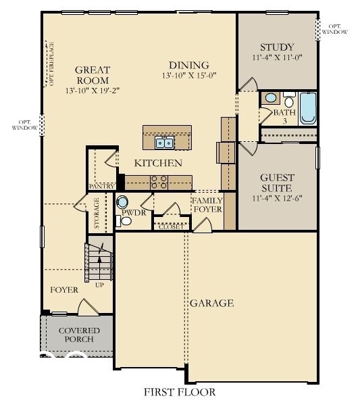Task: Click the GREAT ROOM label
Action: (93, 74)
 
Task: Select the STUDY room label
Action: (277, 47)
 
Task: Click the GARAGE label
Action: (211, 304)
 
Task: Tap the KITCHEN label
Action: (158, 163)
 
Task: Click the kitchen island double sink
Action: (163, 143)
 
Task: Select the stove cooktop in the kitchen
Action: (159, 181)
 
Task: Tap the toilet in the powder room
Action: (123, 203)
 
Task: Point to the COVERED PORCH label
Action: (79, 335)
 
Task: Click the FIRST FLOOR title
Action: (180, 392)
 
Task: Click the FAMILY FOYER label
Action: (207, 205)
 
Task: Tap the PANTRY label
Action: (101, 185)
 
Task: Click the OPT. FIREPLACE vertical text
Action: (51, 64)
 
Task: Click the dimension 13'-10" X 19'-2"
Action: (93, 90)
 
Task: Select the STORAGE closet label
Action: (97, 213)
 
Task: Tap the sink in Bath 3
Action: (271, 97)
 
